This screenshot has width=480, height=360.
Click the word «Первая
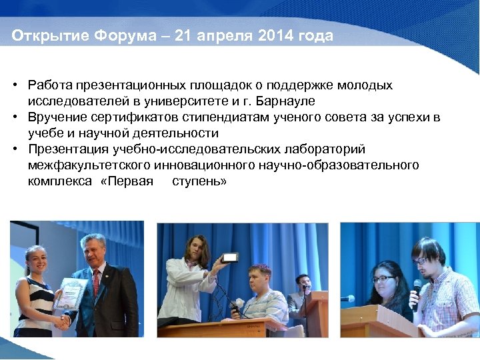coord(126,181)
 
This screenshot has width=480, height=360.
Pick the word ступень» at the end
coord(199,181)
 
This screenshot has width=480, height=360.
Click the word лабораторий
coord(327,149)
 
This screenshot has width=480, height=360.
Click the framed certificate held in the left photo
coord(70,293)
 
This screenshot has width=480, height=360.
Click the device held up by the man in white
coord(231,258)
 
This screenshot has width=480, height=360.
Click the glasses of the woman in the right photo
coord(383,279)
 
